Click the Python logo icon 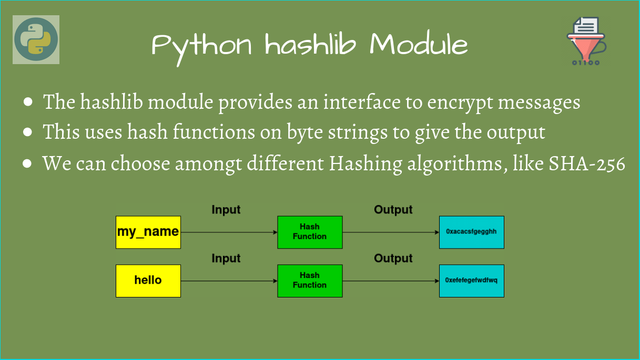point(36,39)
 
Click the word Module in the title point(418,45)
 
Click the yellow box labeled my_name point(148,232)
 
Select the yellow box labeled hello point(148,281)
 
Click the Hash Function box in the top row point(310,232)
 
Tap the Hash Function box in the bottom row point(310,281)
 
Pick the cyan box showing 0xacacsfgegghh point(471,232)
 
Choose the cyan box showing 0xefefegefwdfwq point(471,281)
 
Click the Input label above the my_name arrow point(226,210)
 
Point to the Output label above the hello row point(393,259)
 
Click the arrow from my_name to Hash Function point(229,232)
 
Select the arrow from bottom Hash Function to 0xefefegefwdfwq point(391,281)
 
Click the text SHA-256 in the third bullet point(587,164)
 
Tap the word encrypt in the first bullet point(459,102)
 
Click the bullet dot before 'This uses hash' point(28,133)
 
